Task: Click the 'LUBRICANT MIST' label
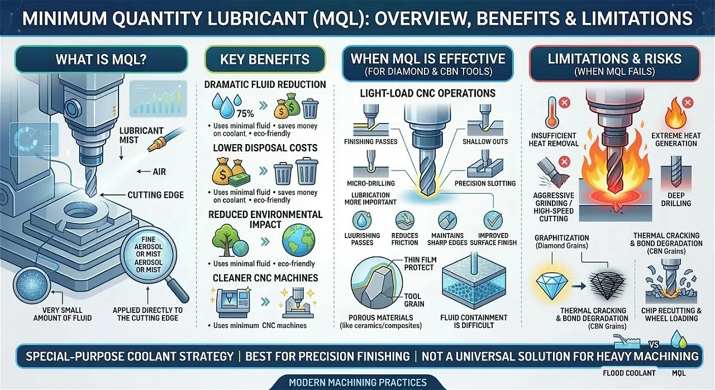pos(141,135)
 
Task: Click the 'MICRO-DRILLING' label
pos(371,183)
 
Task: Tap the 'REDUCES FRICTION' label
pos(405,239)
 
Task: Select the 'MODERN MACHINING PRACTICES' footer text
pos(357,383)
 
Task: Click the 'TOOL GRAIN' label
pos(414,300)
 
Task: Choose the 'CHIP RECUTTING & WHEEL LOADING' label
pos(672,314)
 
